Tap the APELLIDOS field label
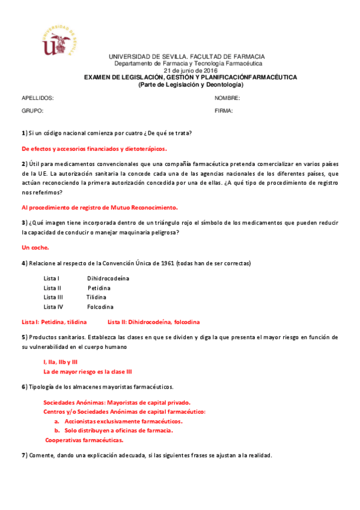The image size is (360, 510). coord(38,98)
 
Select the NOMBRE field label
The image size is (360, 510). coord(227,98)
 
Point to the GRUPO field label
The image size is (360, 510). coord(32,111)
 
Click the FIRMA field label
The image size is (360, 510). coord(224,111)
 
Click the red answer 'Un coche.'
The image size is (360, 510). coord(35,247)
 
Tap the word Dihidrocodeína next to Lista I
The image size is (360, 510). coord(108,278)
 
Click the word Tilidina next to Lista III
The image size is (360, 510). coord(96,297)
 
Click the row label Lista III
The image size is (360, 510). coord(53,297)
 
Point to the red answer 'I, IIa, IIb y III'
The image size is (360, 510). coord(60,362)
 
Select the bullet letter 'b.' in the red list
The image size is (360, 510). coord(57,431)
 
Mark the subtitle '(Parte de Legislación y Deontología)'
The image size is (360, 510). coord(191,84)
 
